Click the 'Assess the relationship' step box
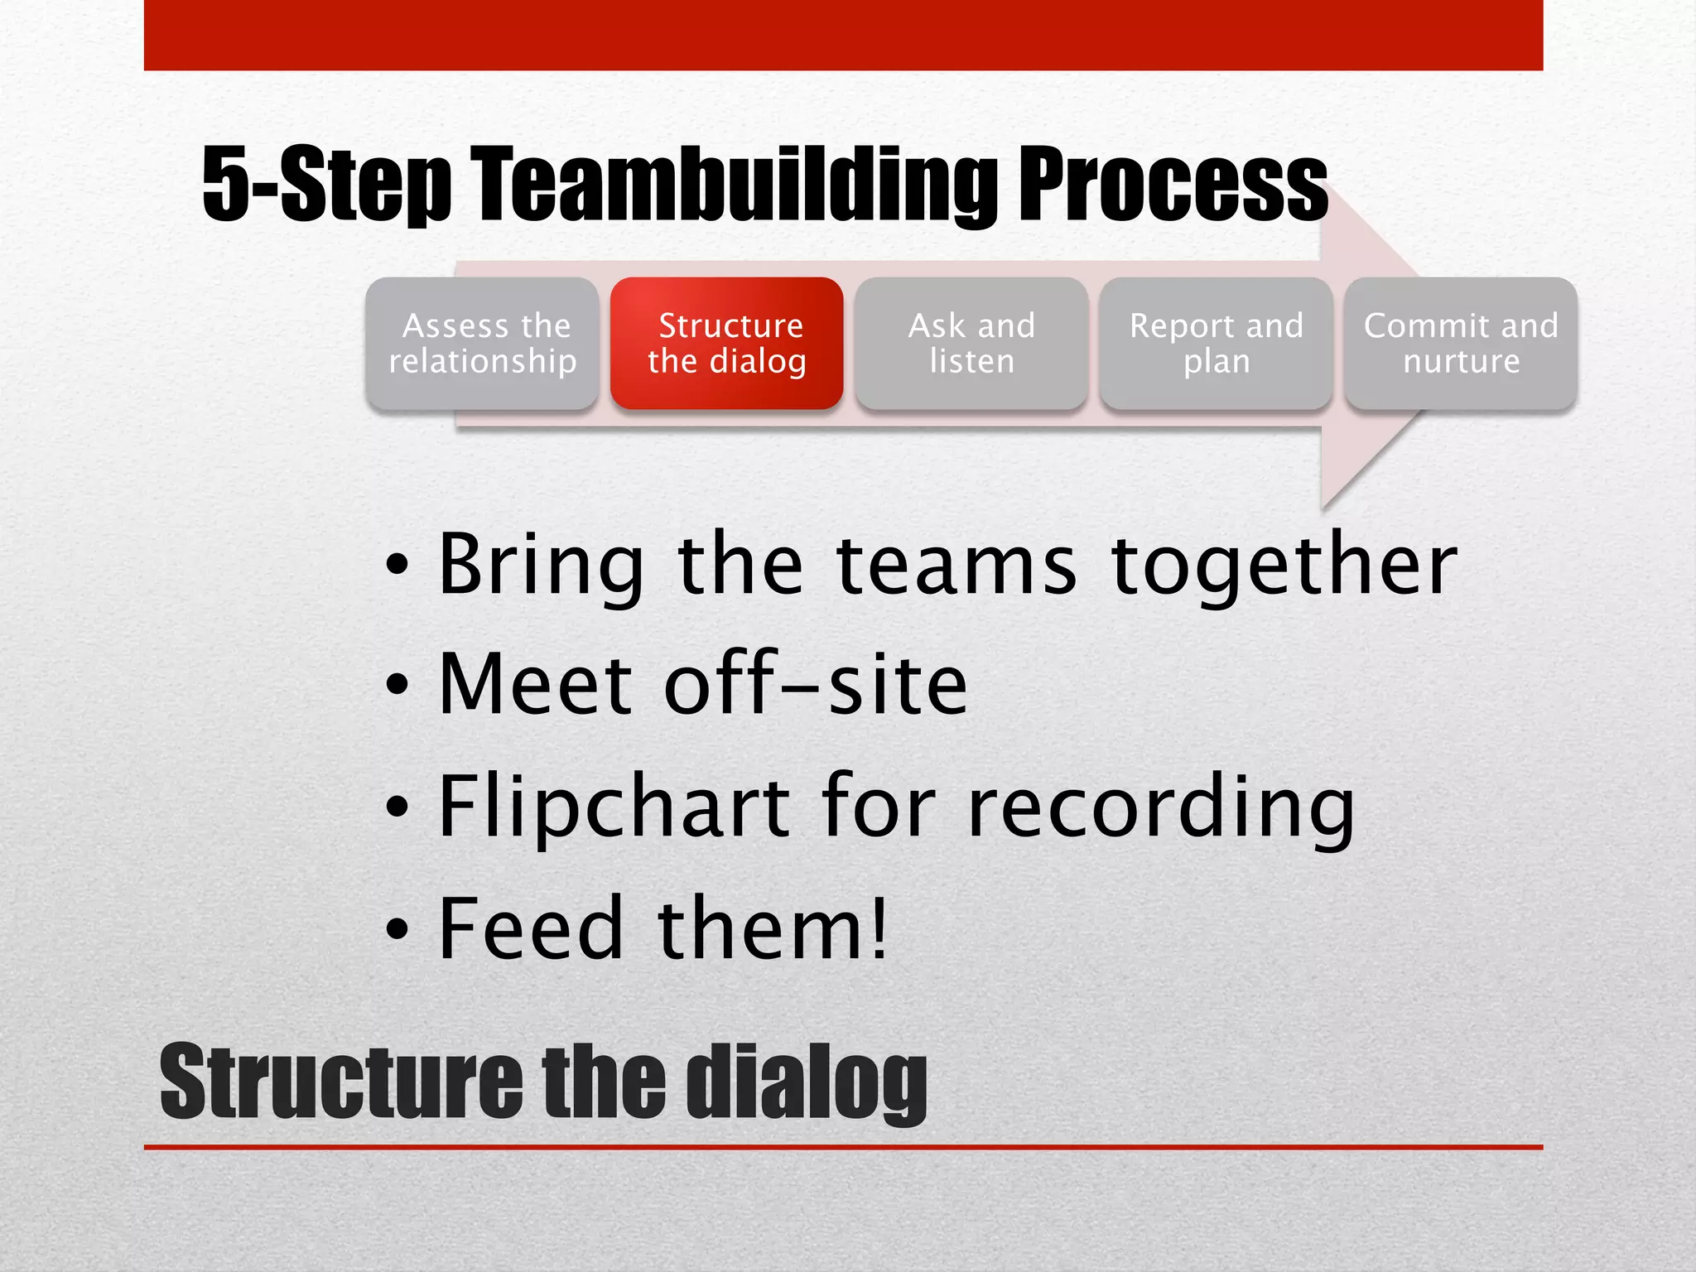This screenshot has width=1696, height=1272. click(x=482, y=343)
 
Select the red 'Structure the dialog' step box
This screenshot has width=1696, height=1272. click(x=726, y=343)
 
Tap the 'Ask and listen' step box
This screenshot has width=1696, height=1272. click(x=971, y=343)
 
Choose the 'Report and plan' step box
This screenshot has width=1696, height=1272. click(x=1216, y=343)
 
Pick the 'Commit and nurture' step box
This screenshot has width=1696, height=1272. click(x=1461, y=343)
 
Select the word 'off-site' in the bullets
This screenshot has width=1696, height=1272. click(x=815, y=686)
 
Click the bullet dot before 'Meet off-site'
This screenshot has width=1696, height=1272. click(x=397, y=686)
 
